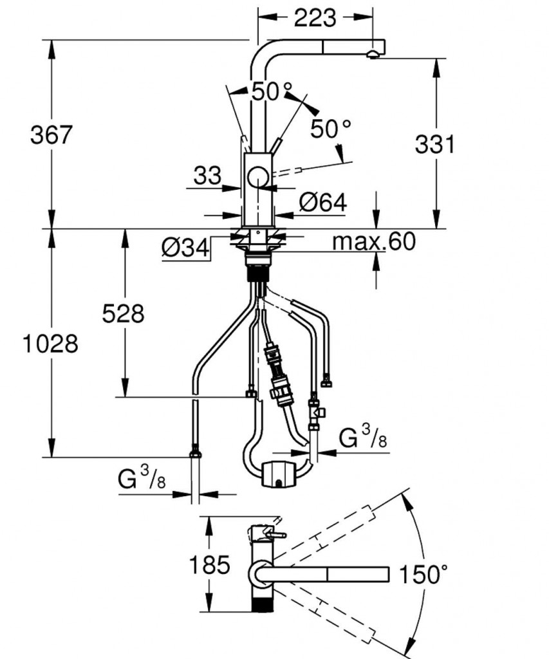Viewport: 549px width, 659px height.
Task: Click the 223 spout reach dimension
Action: pyautogui.click(x=315, y=18)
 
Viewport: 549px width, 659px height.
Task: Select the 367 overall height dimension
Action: pyautogui.click(x=51, y=135)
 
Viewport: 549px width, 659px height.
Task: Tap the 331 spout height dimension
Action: pyautogui.click(x=434, y=144)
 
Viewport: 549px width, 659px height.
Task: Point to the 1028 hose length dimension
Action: pyautogui.click(x=50, y=344)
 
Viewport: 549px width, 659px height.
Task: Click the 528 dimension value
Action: pyautogui.click(x=123, y=313)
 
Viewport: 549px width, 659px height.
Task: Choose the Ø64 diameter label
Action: pyautogui.click(x=323, y=203)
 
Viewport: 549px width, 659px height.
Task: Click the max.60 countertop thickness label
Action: pyautogui.click(x=374, y=241)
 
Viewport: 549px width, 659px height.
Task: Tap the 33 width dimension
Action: pyautogui.click(x=207, y=175)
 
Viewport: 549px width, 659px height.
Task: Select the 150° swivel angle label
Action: pyautogui.click(x=423, y=574)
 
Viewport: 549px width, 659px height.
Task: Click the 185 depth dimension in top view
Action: pyautogui.click(x=209, y=564)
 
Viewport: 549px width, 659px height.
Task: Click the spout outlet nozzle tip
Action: pyautogui.click(x=373, y=54)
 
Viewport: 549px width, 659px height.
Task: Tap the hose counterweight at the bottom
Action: pyautogui.click(x=279, y=474)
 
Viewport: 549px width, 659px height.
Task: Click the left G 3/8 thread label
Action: pyautogui.click(x=142, y=478)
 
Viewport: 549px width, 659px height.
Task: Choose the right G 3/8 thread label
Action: pyautogui.click(x=363, y=437)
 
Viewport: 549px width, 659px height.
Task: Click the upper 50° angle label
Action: pyautogui.click(x=272, y=91)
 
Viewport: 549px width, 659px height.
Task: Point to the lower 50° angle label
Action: pyautogui.click(x=331, y=128)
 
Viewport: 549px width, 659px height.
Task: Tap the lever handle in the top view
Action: pyautogui.click(x=276, y=535)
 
